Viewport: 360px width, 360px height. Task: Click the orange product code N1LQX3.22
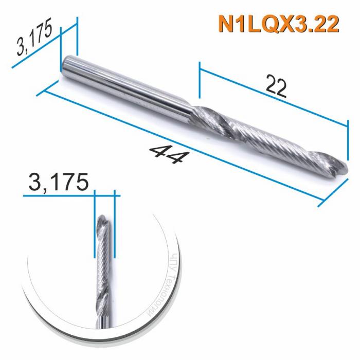point(278,24)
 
